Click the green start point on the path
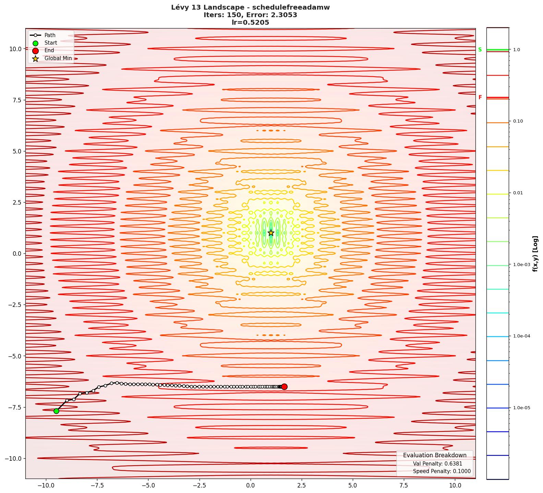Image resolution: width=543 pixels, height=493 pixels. (x=56, y=411)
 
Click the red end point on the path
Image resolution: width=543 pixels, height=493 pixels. (x=284, y=387)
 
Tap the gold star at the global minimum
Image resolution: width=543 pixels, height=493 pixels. (x=271, y=233)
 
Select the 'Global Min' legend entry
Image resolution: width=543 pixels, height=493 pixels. (x=58, y=58)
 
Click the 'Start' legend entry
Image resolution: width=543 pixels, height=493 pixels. (x=51, y=43)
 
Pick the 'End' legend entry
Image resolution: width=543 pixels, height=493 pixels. (x=49, y=50)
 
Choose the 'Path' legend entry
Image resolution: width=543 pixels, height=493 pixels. (x=50, y=35)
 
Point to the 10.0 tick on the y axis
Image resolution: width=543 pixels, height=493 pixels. (x=15, y=49)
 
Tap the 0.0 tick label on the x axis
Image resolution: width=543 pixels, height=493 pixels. (x=250, y=485)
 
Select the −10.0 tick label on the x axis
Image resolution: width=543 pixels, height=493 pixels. (x=46, y=485)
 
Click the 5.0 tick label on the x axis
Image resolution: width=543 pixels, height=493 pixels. (x=352, y=485)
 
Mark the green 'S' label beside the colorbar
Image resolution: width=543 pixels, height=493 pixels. (x=480, y=50)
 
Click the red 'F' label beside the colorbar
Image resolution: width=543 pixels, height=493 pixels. (x=480, y=98)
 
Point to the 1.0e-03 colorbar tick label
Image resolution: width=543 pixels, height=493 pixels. (x=521, y=265)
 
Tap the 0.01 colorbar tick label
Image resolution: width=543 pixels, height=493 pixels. (x=518, y=193)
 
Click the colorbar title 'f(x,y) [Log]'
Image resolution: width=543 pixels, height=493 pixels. (x=535, y=254)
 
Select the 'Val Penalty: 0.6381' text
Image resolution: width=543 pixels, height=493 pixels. (x=437, y=464)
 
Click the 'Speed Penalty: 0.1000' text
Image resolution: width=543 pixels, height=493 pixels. (x=442, y=471)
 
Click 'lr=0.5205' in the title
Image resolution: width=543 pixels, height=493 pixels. (x=250, y=23)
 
